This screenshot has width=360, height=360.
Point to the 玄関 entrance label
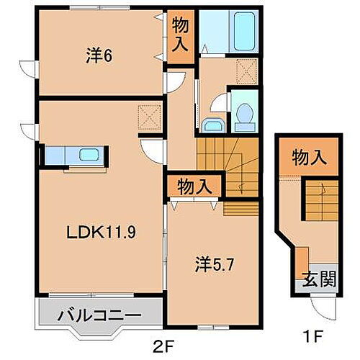[317, 278]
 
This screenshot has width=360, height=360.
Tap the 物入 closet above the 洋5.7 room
[194, 185]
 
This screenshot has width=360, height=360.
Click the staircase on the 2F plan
[227, 162]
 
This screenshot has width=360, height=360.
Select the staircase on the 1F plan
[319, 198]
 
